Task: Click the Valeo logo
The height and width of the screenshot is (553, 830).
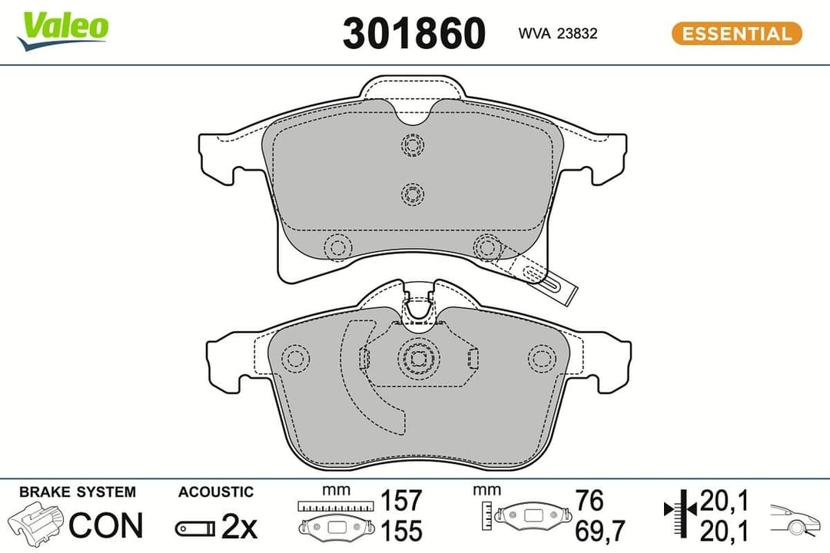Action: [62, 31]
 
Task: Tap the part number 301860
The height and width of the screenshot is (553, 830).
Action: [414, 33]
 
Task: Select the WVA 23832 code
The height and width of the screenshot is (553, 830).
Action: [557, 33]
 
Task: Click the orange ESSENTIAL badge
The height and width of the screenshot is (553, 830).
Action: [736, 33]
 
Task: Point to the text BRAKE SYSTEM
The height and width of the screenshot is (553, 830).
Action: [78, 492]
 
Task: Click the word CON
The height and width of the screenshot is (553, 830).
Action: [106, 525]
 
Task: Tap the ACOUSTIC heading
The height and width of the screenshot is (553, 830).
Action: [216, 492]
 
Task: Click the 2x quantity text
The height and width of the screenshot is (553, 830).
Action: [239, 526]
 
